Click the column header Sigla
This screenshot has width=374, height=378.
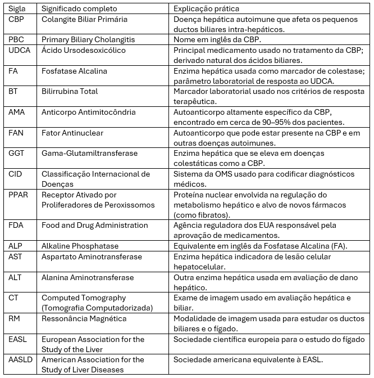pos(17,9)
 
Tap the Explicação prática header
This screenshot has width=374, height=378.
pos(207,9)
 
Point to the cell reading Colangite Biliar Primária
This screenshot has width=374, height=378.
pos(85,19)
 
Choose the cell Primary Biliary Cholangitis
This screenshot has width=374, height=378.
pos(88,39)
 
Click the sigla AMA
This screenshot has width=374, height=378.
pos(17,112)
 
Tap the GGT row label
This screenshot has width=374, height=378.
pos(17,153)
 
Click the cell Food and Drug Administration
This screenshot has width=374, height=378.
pos(95,225)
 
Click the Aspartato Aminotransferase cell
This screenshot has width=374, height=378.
pos(92,256)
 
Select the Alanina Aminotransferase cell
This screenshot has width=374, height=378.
pos(88,277)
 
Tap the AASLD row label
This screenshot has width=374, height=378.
pos(21,359)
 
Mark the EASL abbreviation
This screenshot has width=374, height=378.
pos(18,339)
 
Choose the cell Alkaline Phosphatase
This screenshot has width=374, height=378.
pos(80,246)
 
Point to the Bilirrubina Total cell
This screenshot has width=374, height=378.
pos(70,91)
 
